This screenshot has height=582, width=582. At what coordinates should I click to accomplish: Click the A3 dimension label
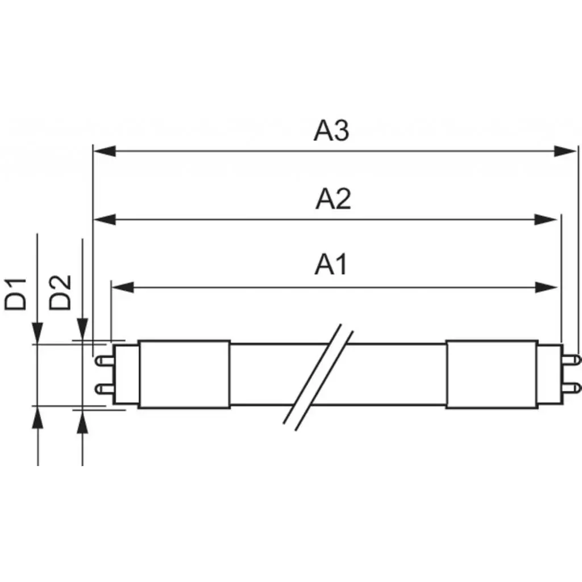point(331,131)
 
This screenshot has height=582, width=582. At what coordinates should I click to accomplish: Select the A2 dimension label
point(333,199)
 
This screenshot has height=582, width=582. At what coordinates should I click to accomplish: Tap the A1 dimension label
point(331,265)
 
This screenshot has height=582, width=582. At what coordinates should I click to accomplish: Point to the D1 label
point(16,293)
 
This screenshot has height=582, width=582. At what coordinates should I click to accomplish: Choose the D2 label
point(60,292)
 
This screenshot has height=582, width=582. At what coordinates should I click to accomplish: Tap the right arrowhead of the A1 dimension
point(546,288)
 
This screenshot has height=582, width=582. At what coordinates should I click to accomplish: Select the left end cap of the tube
point(184,374)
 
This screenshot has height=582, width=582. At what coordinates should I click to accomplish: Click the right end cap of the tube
point(492,374)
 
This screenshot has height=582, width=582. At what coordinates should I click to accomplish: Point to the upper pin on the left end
point(103,360)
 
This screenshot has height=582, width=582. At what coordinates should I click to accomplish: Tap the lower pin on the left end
point(103,389)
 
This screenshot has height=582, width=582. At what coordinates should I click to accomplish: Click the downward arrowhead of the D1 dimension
point(38,333)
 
